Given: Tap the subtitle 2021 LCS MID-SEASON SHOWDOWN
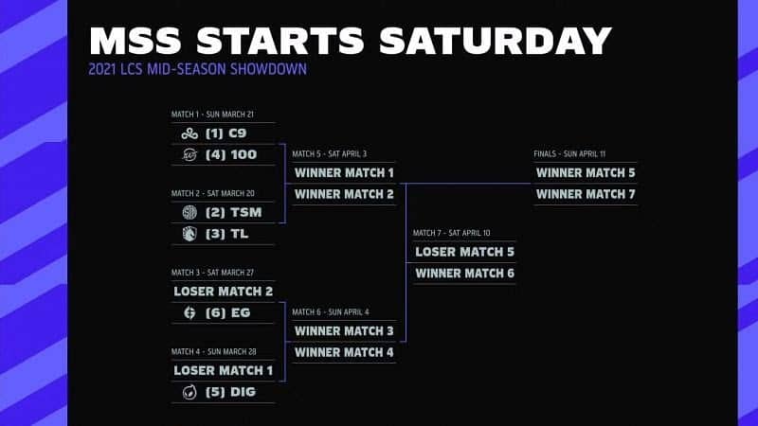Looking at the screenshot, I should point(197,69).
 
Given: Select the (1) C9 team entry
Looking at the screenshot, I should point(226,133).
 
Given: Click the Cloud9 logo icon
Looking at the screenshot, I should point(189,133).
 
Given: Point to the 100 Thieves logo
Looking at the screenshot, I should point(189,154).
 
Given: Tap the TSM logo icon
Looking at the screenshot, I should point(189,212).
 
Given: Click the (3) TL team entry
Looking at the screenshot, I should point(226,233).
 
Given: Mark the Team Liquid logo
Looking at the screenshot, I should point(189,233).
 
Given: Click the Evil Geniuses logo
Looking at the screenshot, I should point(189,311).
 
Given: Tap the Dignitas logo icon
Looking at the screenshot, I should point(189,391).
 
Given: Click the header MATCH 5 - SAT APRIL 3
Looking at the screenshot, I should point(330,153).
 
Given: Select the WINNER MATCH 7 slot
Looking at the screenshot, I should point(586,194).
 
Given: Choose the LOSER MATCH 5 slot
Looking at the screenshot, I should point(464,252).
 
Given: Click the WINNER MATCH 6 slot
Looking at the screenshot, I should point(464,273).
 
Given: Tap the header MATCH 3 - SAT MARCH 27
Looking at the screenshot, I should point(213,272).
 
